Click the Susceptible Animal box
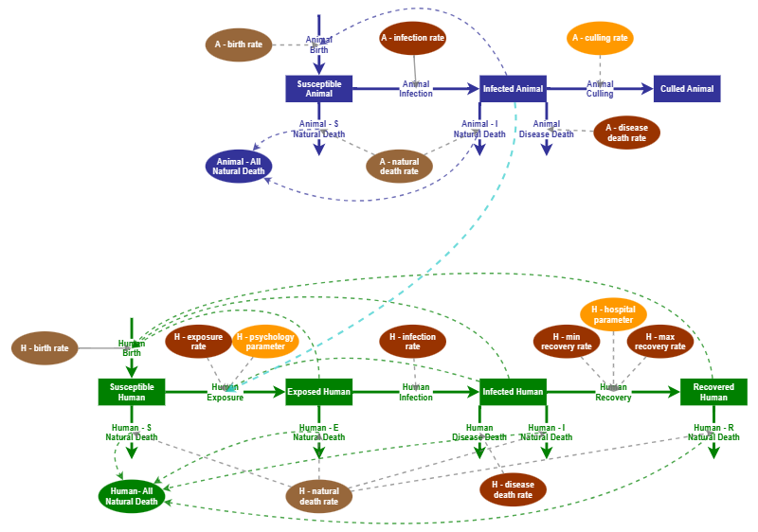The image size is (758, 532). (319, 89)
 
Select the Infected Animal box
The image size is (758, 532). (513, 89)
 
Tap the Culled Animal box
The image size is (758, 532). (687, 89)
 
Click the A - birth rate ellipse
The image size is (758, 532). (239, 44)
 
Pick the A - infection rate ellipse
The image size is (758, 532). (412, 38)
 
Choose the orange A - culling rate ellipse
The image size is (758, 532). (600, 38)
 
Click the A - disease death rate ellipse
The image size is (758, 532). (626, 133)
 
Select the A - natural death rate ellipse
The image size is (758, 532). (399, 166)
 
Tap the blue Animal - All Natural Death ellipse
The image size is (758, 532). (239, 166)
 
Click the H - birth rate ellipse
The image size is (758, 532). (45, 348)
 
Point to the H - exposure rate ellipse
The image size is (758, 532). (198, 341)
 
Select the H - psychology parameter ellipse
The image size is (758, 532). (265, 341)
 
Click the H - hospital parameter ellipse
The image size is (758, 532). (613, 314)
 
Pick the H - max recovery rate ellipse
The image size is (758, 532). (659, 341)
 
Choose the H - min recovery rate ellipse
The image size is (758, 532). (567, 341)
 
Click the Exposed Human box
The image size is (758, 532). (318, 392)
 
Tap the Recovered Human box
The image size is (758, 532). (713, 392)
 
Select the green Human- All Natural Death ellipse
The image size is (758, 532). (132, 496)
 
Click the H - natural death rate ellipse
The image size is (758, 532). (318, 496)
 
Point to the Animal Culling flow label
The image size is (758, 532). (600, 89)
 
